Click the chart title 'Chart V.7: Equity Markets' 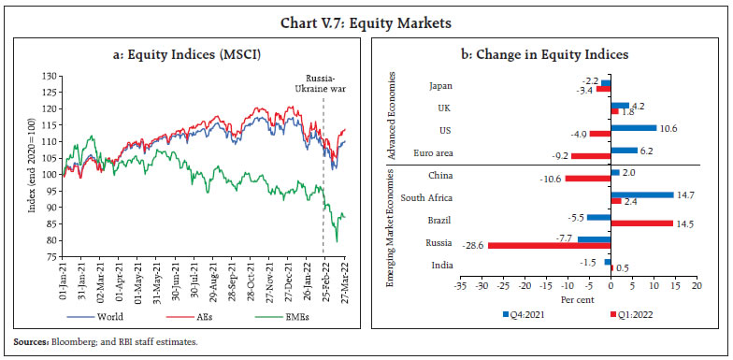coord(366,14)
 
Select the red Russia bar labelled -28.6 coord(549,245)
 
